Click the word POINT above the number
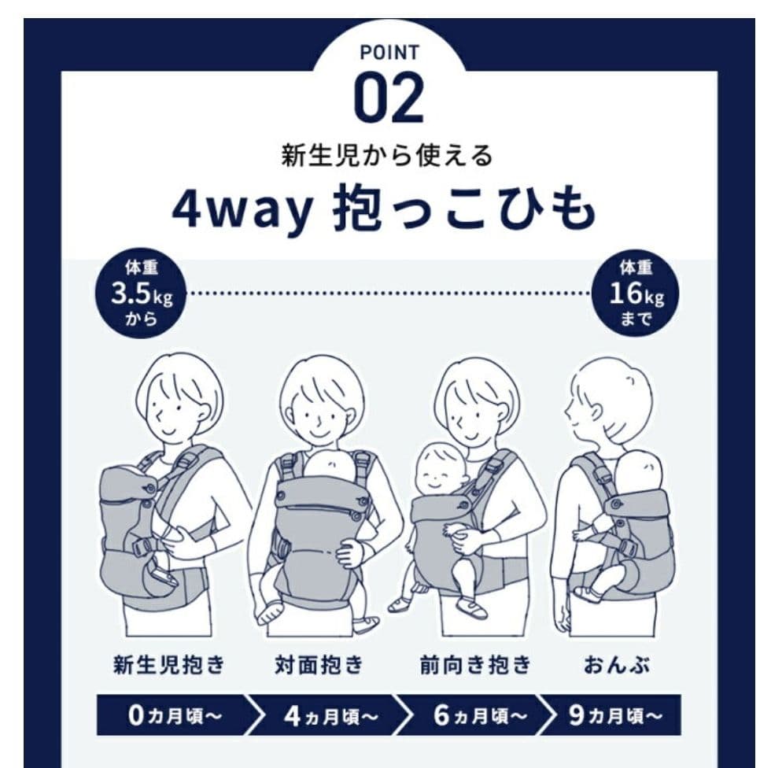coord(389,53)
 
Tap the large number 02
coord(389,98)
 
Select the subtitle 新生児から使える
coord(386,156)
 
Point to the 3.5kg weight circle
coord(142,294)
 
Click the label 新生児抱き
coord(168,665)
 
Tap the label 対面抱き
coord(319,665)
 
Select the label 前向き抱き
coord(475,665)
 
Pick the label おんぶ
coord(617,665)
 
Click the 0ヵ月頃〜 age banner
coord(174,714)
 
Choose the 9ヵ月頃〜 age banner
coord(614,715)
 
